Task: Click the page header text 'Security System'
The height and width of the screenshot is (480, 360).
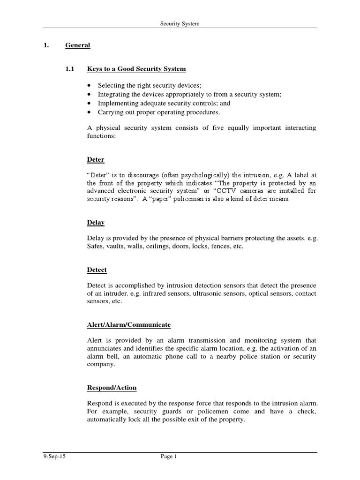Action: pos(180,23)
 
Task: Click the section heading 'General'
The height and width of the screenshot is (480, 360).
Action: pos(77,45)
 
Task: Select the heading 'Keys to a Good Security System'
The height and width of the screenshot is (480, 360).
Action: pos(136,69)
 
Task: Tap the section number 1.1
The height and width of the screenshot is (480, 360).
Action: pos(70,69)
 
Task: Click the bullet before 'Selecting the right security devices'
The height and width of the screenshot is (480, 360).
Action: pos(90,85)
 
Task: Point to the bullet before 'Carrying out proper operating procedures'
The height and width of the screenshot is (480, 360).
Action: pos(90,112)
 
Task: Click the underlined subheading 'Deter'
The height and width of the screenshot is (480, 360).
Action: pos(96,159)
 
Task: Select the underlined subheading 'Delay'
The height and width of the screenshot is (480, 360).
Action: pos(96,222)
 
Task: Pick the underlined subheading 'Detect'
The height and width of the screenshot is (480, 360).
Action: pos(97,270)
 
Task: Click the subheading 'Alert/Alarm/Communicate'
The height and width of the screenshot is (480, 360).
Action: pos(129,324)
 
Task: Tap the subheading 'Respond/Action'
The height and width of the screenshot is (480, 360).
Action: pos(112,388)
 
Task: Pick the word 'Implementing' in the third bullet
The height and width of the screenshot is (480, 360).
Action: pos(116,103)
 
